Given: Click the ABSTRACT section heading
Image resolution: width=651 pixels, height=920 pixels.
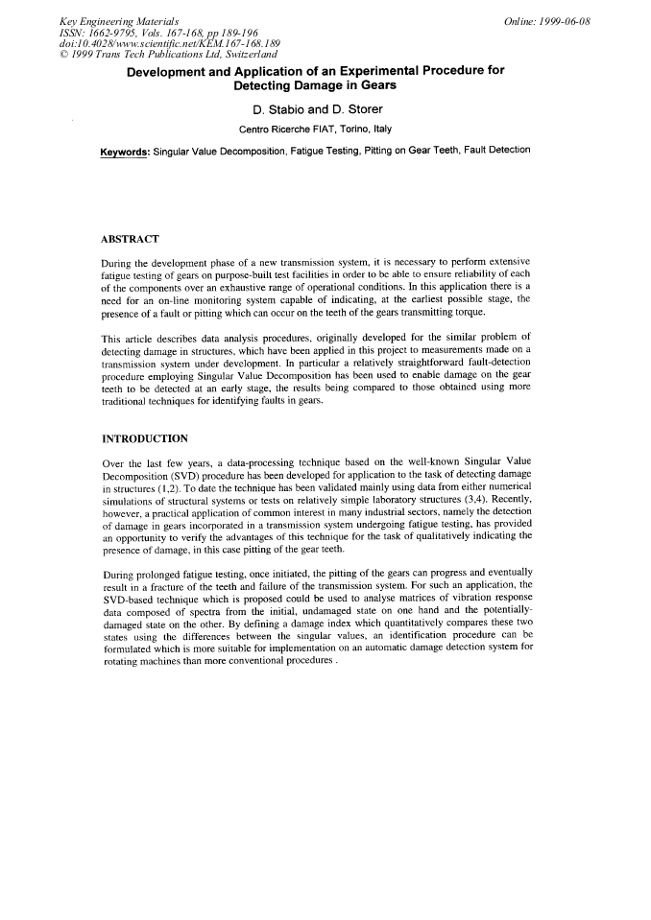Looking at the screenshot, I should [x=131, y=238].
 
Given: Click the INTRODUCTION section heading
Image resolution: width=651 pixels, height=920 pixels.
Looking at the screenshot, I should [x=144, y=438].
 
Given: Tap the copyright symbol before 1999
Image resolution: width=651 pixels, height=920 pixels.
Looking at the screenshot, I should [x=63, y=54].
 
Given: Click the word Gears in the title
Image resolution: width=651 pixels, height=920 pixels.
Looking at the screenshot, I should [x=374, y=85].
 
